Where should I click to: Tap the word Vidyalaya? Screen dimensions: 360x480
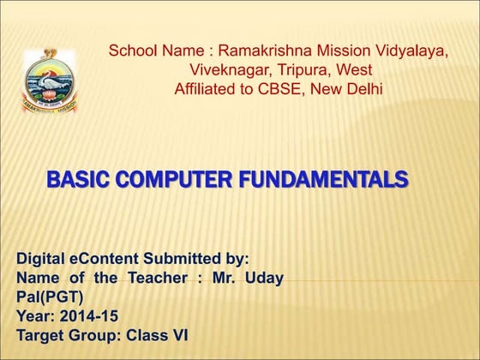click(408, 51)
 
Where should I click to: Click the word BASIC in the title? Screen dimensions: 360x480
click(77, 180)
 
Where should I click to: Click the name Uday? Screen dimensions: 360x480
click(265, 277)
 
